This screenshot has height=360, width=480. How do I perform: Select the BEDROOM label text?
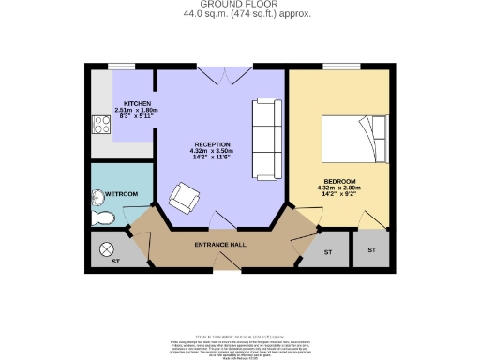tap(340, 181)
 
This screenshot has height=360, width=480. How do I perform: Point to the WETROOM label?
tap(121, 194)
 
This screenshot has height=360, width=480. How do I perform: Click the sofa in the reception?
tap(265, 139)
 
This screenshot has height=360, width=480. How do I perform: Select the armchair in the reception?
tap(183, 198)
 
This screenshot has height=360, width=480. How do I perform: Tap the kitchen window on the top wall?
tap(121, 66)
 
